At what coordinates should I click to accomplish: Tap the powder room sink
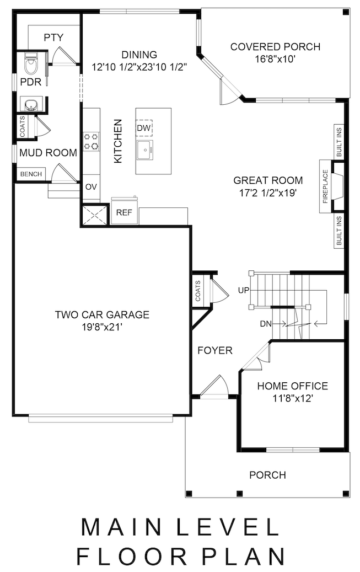(31, 104)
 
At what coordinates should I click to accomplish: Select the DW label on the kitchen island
(144, 128)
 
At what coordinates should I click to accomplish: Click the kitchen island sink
(145, 150)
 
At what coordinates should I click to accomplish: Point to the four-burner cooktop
(91, 141)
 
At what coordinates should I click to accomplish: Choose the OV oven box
(91, 187)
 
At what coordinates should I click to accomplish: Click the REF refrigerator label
(124, 212)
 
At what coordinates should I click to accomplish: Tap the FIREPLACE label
(325, 186)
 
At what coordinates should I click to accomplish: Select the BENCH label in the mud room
(31, 174)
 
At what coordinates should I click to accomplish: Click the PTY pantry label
(53, 37)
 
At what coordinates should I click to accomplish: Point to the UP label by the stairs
(244, 290)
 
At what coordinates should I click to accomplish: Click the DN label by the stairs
(266, 323)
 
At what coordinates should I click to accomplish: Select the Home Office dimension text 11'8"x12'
(293, 398)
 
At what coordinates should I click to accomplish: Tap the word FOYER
(215, 351)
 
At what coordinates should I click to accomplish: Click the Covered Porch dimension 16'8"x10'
(275, 58)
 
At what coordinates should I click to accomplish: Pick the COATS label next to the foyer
(198, 291)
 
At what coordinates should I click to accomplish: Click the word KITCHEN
(118, 141)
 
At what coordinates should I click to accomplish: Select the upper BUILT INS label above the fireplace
(339, 142)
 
